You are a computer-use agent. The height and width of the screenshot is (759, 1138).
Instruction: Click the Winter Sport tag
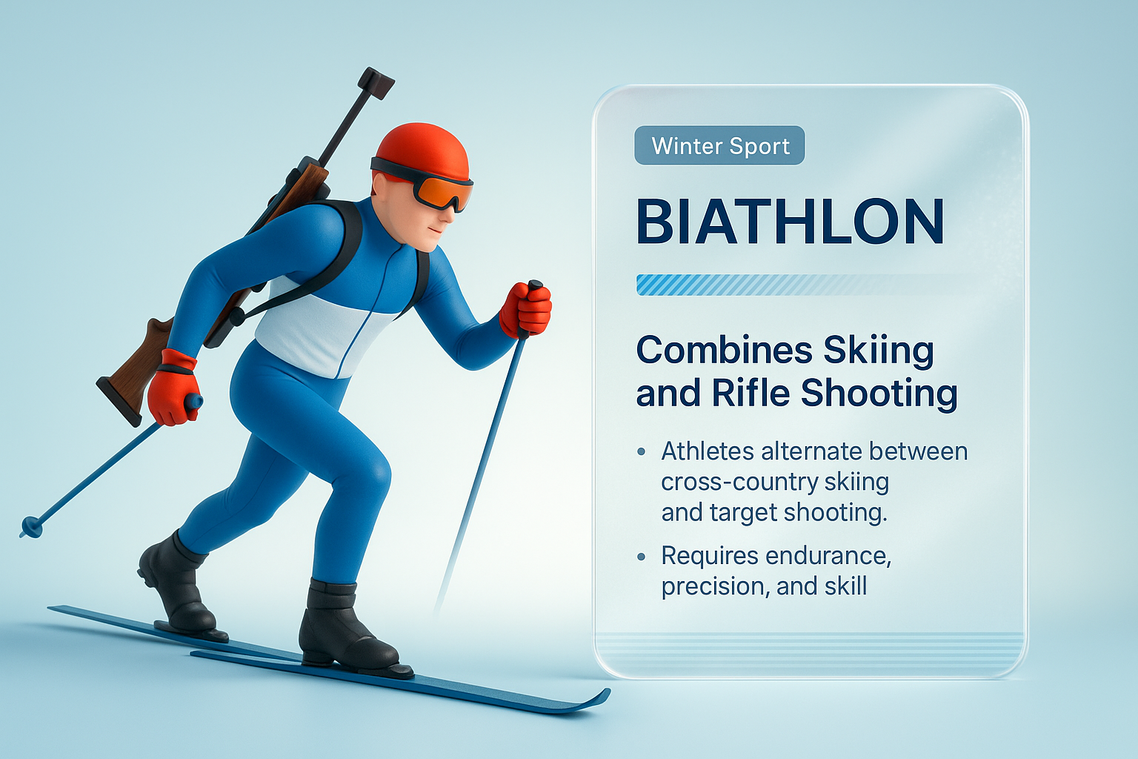pos(719,146)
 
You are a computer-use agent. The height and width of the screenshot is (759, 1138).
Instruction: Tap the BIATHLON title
pos(790,222)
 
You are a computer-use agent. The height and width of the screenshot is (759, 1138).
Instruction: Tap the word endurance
pos(828,556)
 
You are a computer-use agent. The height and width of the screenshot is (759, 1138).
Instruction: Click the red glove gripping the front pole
pos(526,310)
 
